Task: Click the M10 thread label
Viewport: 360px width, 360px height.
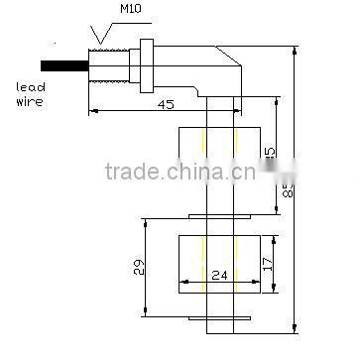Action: pos(131,11)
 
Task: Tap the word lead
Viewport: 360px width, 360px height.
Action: pos(31,87)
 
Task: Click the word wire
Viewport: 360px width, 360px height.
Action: pos(31,101)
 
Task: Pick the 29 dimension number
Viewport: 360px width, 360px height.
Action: pos(139,266)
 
